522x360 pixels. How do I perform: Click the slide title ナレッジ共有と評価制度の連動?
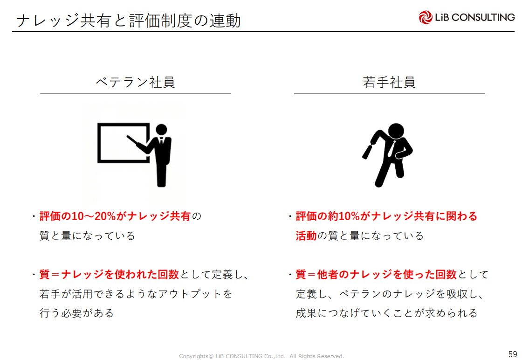point(129,21)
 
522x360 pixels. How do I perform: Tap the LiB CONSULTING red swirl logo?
point(425,17)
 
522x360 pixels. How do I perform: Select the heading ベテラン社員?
point(136,82)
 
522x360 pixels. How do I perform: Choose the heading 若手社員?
point(389,82)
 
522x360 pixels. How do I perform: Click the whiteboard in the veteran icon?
point(98,143)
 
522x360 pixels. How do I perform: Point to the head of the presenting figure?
point(161,130)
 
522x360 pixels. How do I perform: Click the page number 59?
point(513,353)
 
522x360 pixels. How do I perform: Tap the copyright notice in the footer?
point(261,356)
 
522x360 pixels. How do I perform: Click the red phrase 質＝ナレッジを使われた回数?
point(109,274)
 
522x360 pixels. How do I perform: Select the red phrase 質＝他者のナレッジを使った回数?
point(376,274)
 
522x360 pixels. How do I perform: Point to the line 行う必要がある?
point(76,313)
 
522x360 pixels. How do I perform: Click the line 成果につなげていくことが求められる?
point(387,313)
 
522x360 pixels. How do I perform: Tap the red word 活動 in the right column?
point(306,236)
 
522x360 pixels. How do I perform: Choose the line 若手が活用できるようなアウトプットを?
point(136,294)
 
